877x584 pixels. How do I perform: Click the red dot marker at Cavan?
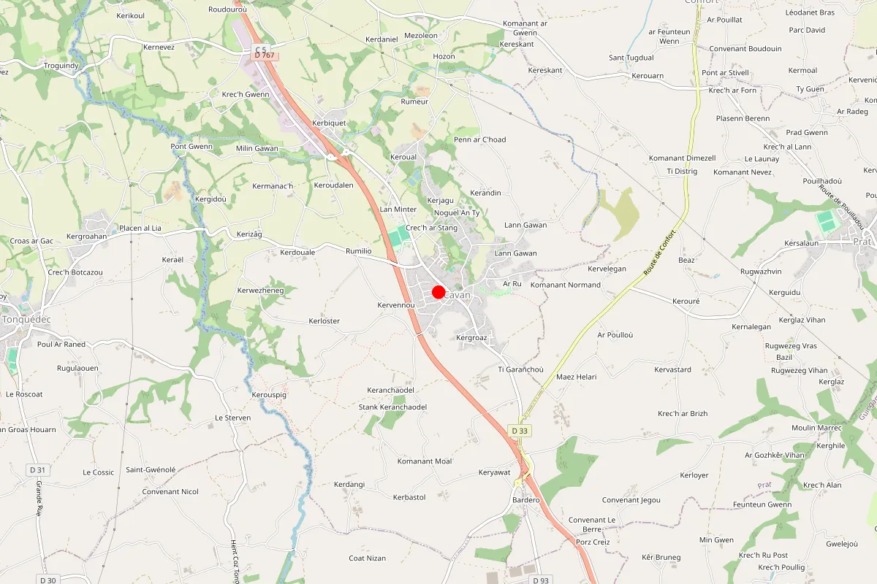(x=438, y=292)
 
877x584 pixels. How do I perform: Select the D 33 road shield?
(x=520, y=431)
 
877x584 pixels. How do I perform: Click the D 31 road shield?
(x=37, y=469)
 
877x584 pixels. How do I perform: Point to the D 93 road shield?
(x=540, y=580)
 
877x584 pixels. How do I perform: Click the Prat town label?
(x=865, y=241)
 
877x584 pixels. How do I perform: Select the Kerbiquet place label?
(x=329, y=123)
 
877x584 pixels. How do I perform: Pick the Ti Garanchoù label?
(x=520, y=369)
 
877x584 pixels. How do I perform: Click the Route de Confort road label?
(x=659, y=253)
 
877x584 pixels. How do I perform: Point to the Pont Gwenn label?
(x=191, y=146)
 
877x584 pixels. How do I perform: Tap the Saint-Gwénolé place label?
(x=151, y=469)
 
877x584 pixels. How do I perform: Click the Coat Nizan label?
(x=367, y=558)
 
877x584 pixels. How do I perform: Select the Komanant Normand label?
(x=565, y=285)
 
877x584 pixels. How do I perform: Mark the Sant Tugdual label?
(x=631, y=58)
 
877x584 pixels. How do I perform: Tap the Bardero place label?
(x=526, y=500)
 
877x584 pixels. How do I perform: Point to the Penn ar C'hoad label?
(x=479, y=139)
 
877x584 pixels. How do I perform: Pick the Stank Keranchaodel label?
(x=392, y=407)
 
